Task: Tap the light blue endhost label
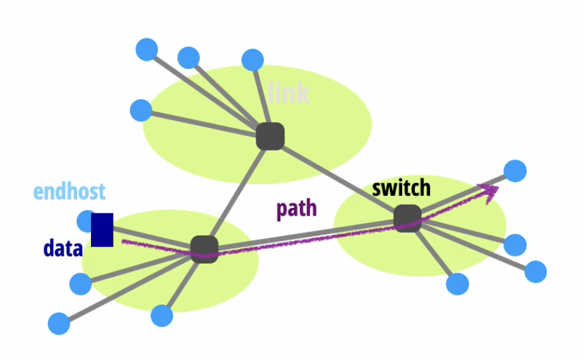click(70, 192)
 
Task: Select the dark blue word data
click(63, 248)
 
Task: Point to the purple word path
click(297, 209)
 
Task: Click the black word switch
click(401, 188)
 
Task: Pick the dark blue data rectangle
click(102, 230)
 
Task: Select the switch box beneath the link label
click(270, 136)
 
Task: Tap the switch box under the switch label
click(408, 218)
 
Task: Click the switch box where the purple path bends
click(204, 248)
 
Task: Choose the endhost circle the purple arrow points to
click(514, 170)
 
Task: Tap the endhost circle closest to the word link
click(252, 60)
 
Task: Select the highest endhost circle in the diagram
click(147, 49)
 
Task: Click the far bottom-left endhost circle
click(59, 323)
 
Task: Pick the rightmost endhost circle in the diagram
click(535, 271)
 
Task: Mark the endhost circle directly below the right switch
click(457, 283)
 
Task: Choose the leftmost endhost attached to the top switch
click(141, 110)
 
